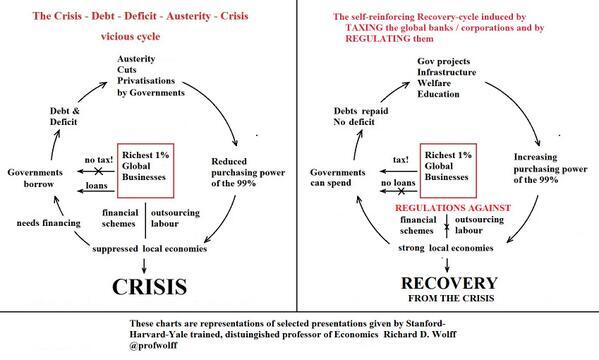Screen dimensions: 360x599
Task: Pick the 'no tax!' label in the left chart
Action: pyautogui.click(x=98, y=158)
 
